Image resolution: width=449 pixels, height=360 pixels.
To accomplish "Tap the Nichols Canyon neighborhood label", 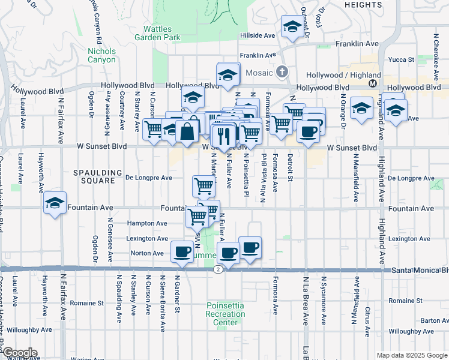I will pos(101,55).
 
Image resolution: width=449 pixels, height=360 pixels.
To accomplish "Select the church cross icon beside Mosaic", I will pos(283,73).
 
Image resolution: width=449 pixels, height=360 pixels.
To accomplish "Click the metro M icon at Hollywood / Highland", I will pos(373,83).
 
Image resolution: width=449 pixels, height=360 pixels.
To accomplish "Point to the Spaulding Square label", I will pos(94,176).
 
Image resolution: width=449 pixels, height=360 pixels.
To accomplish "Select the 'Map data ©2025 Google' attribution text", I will pos(412,355).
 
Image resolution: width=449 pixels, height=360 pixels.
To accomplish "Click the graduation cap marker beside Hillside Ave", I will pos(292,26).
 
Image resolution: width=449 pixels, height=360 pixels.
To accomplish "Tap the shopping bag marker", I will pos(187,131).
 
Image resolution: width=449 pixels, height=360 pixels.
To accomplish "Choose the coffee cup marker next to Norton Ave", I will pos(182,251).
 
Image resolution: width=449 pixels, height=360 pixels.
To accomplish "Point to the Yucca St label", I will pos(403,60).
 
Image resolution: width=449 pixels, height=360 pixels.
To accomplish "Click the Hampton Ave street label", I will pos(147,223).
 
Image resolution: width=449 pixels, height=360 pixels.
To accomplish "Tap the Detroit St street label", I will pos(290,166).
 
